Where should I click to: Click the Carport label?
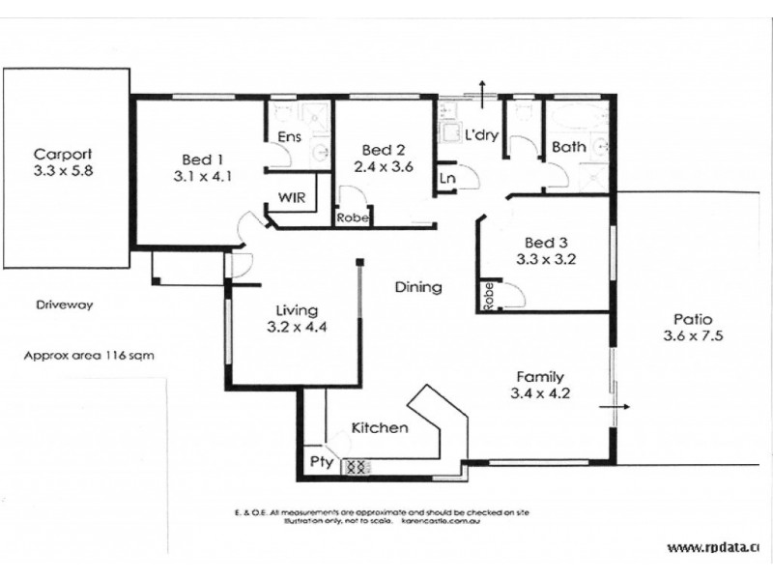63,154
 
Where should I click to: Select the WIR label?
292,197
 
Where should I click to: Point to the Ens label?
288,138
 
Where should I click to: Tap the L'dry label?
480,135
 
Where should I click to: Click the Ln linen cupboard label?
447,179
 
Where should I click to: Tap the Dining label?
418,287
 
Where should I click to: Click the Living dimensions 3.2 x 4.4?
296,327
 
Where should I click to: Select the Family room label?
540,377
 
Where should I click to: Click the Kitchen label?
379,427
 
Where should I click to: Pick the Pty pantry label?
321,463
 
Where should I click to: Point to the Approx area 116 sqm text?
89,356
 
